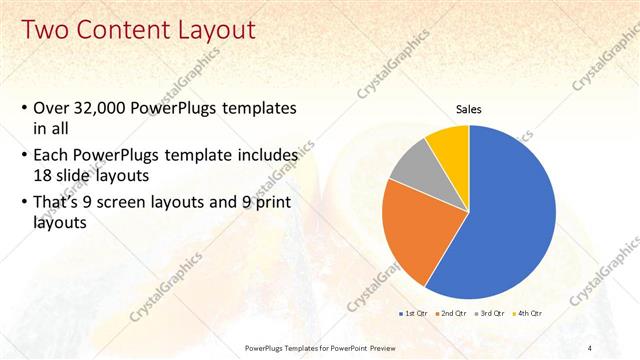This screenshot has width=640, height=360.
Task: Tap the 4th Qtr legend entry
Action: click(x=529, y=313)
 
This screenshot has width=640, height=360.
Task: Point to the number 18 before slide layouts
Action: click(x=43, y=175)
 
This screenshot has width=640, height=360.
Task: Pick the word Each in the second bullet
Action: click(x=52, y=156)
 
